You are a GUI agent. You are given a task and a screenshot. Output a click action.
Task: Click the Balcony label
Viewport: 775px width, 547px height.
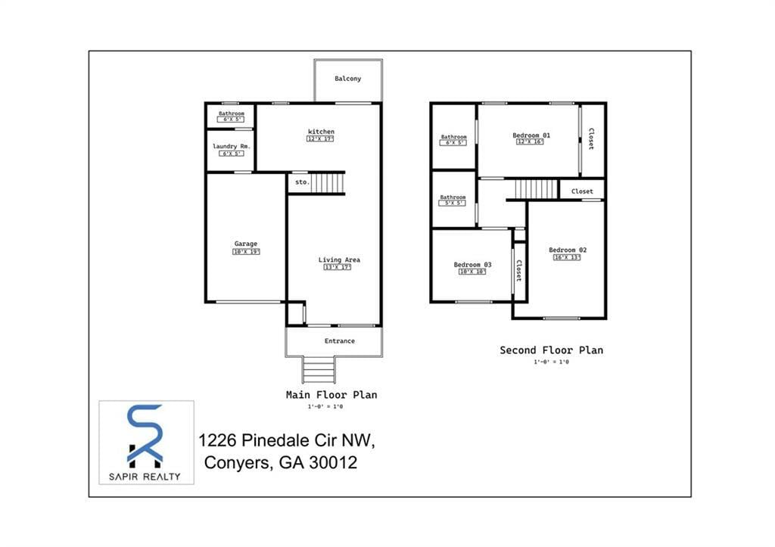pos(348,79)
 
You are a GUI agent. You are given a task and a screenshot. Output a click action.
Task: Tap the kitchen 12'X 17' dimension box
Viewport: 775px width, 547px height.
pos(320,139)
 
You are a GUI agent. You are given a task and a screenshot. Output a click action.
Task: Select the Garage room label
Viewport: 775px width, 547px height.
pos(245,244)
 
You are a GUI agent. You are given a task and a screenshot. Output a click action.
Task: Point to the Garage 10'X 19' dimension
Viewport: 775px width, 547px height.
pos(246,252)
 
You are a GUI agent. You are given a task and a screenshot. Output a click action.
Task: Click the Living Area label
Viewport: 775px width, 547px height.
pos(339,260)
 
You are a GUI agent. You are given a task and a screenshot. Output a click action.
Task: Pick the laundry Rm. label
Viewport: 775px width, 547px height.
pos(231,146)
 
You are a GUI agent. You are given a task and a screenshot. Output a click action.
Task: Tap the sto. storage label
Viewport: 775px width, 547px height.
pos(301,182)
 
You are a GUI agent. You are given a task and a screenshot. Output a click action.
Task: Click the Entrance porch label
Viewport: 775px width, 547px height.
pos(339,341)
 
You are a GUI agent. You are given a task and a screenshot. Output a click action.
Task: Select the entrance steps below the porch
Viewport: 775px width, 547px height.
pos(319,370)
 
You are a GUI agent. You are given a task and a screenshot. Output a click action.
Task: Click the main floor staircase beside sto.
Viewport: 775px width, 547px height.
pos(329,182)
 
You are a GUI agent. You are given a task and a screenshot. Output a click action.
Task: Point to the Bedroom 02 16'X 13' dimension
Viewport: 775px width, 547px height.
pos(568,257)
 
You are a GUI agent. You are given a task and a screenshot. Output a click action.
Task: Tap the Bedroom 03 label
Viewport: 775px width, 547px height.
pos(472,265)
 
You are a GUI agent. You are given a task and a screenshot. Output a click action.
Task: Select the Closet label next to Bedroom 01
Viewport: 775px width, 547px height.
pos(591,138)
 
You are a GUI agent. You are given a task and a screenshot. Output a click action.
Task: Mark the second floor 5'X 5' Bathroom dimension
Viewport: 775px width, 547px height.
pos(453,203)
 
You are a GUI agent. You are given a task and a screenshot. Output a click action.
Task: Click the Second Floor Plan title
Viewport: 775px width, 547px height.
pos(551,350)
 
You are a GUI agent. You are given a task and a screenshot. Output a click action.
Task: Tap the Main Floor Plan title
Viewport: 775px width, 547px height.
pos(331,394)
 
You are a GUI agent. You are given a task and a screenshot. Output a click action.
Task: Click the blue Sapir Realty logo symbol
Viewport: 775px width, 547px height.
pos(145,436)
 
